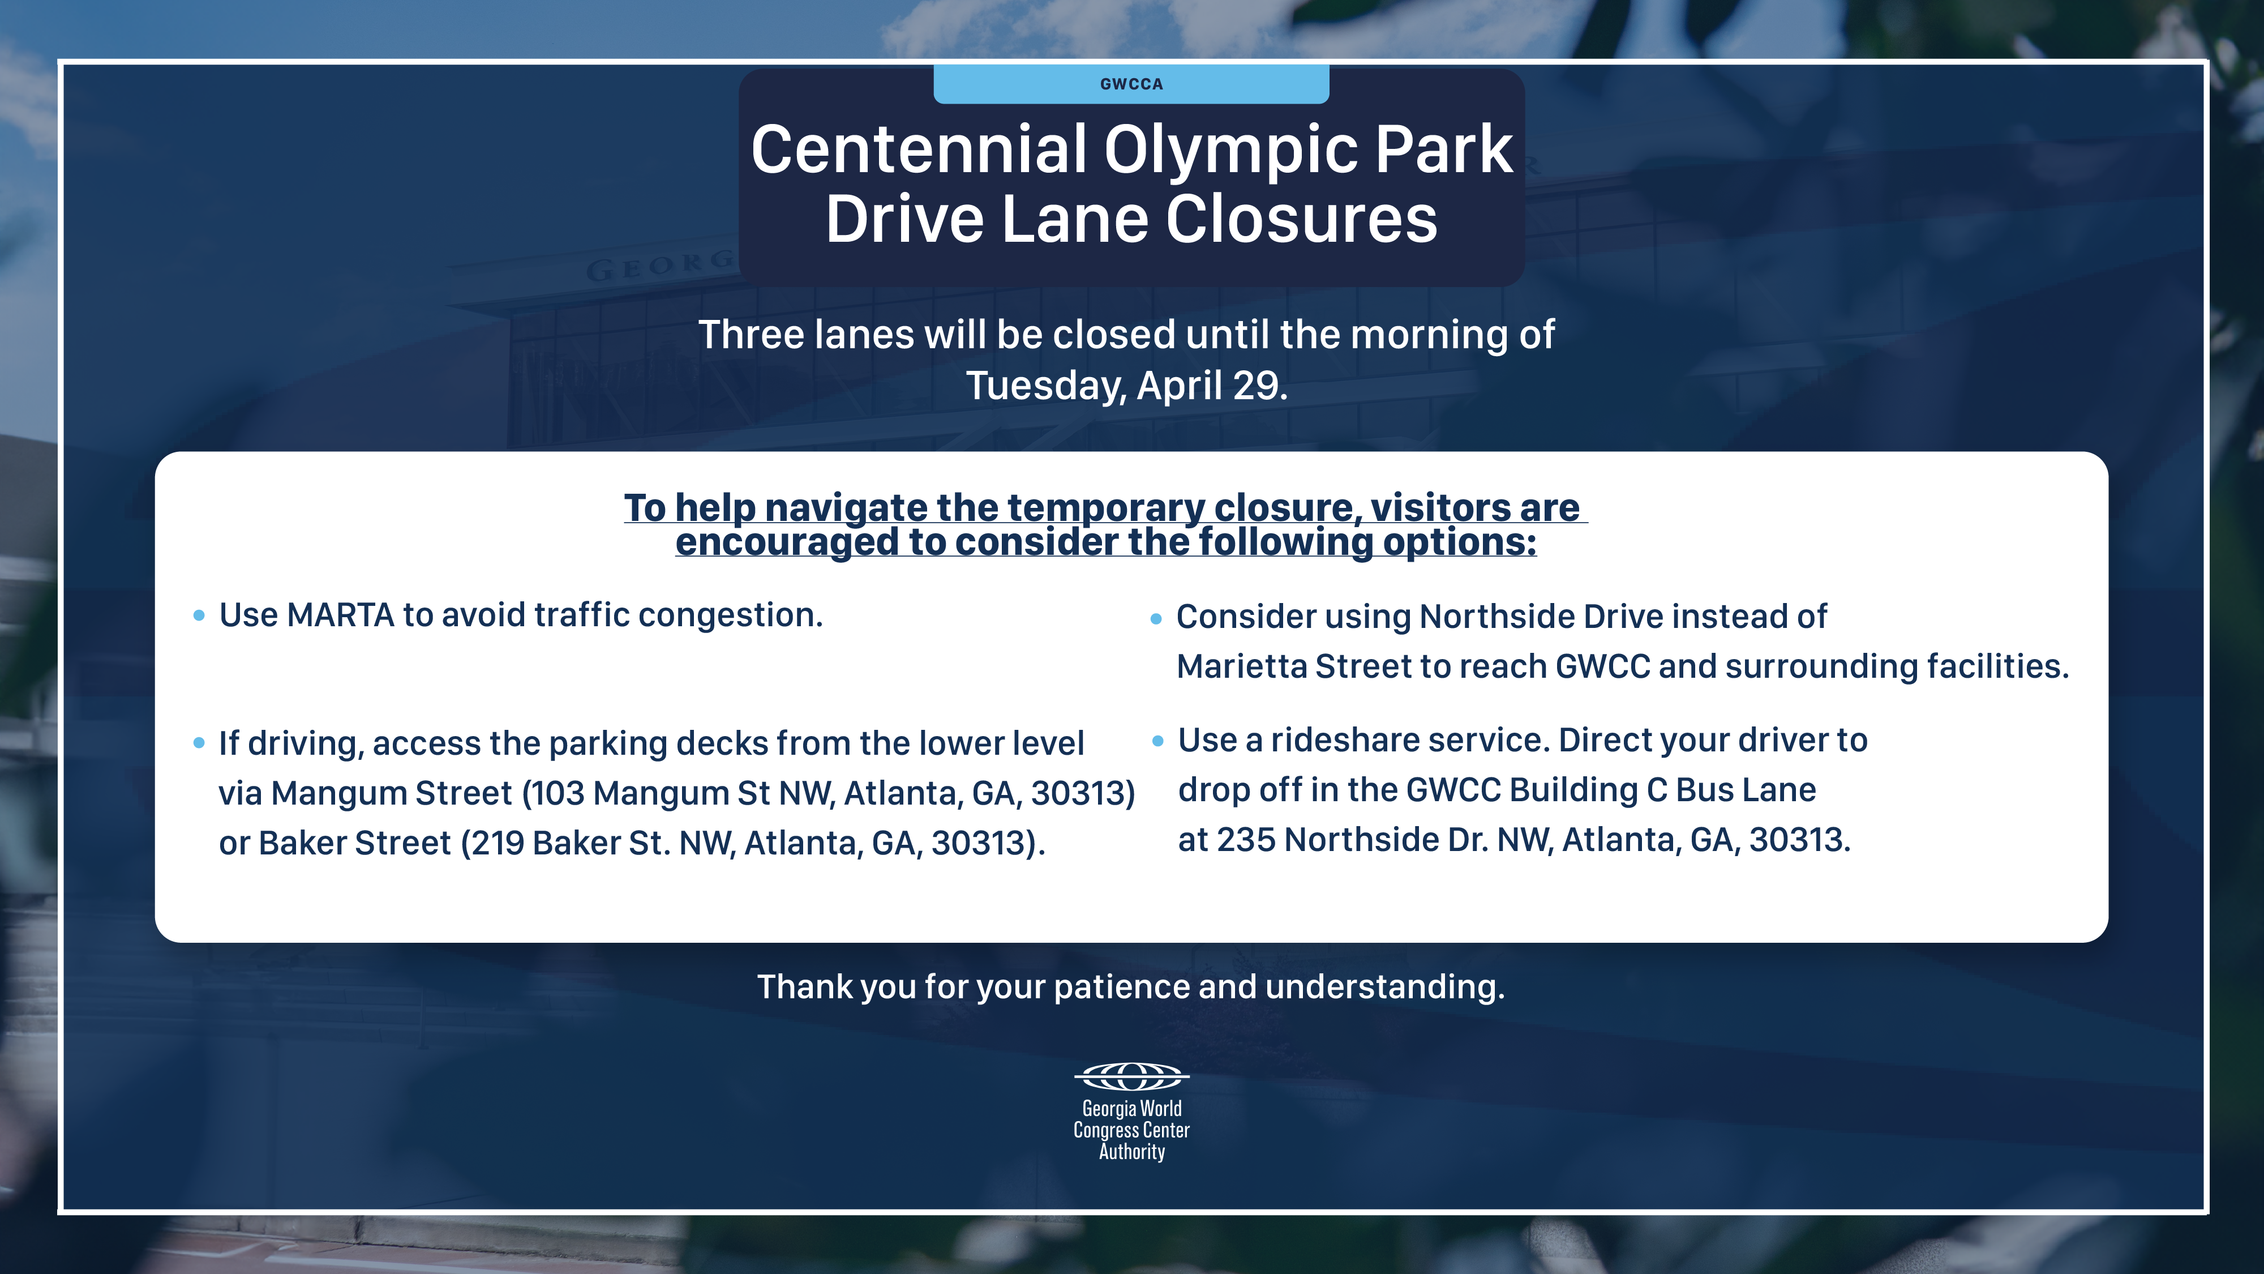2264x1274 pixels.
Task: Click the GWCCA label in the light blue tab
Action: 1131,84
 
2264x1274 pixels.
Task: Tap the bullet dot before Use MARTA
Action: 199,615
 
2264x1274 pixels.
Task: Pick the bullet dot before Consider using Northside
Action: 1156,619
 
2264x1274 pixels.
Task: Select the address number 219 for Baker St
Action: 496,843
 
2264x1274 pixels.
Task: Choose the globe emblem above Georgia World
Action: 1132,1076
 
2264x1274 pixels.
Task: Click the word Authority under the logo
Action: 1132,1152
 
